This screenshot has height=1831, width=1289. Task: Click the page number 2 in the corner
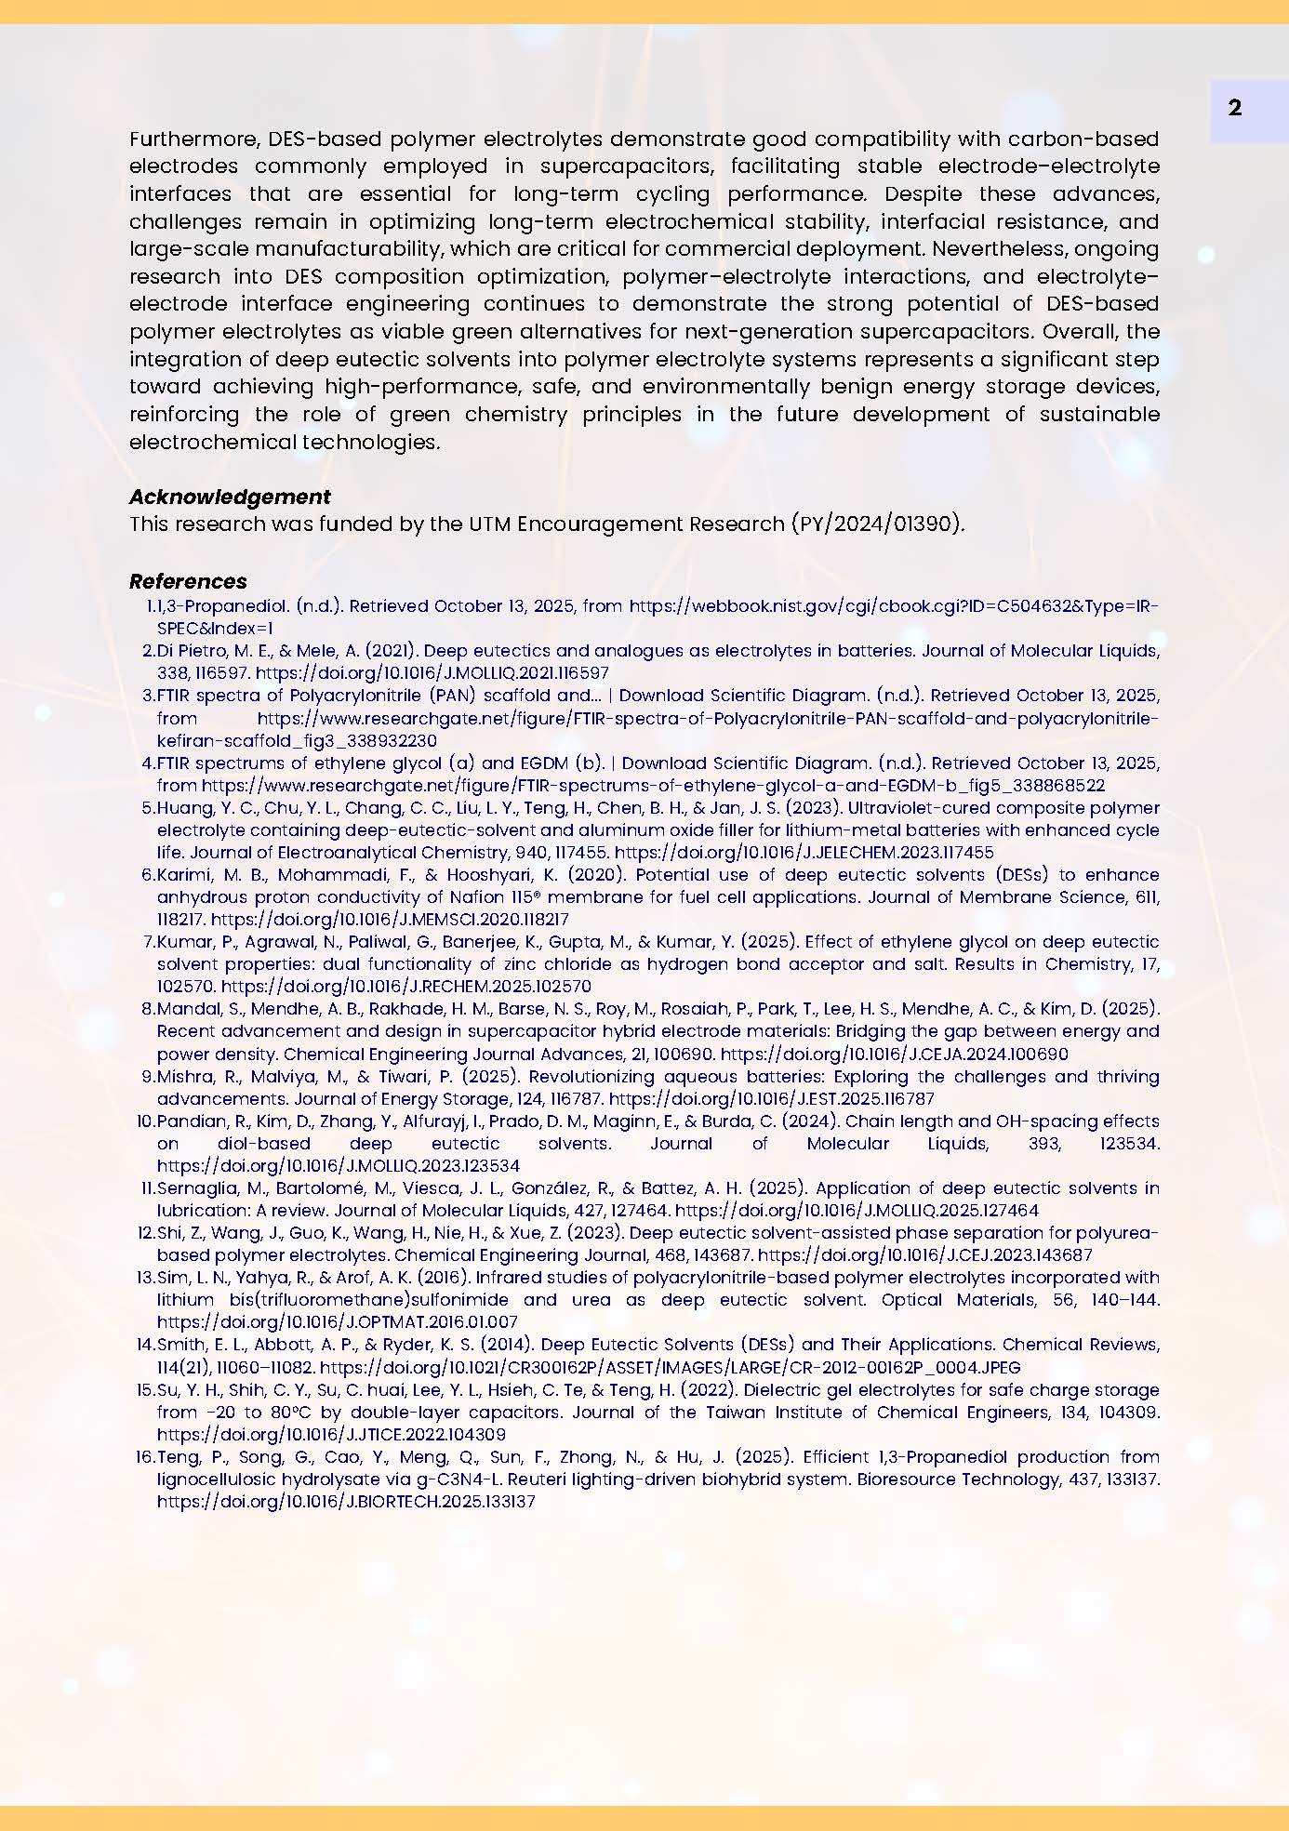(x=1234, y=109)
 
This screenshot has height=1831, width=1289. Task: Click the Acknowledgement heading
(x=230, y=497)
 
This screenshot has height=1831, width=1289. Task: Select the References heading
(x=188, y=581)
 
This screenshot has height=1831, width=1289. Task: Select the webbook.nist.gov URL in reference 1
(x=893, y=606)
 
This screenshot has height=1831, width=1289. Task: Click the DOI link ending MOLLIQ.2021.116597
(x=432, y=672)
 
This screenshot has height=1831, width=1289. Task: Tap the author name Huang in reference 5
(x=181, y=808)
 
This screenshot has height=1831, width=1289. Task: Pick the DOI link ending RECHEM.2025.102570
(x=405, y=986)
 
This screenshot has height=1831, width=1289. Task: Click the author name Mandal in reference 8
(x=184, y=1009)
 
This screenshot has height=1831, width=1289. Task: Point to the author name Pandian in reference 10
(x=187, y=1121)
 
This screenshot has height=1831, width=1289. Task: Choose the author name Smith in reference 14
(x=179, y=1345)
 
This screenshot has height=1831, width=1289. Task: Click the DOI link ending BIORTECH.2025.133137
(x=346, y=1501)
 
